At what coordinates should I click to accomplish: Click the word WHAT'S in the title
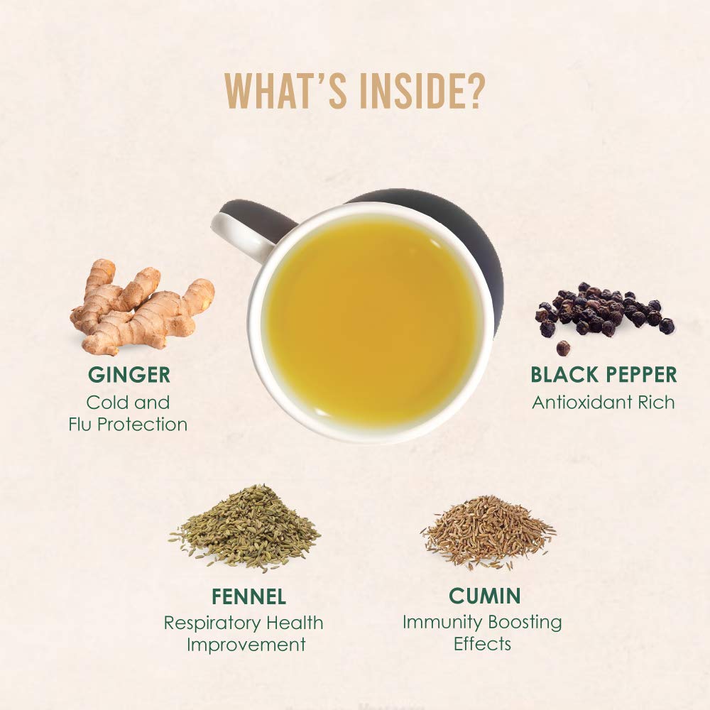tap(286, 91)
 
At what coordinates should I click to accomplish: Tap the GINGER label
tap(129, 375)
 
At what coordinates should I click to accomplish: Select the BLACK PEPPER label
tap(603, 375)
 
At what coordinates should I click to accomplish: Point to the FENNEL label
tap(248, 596)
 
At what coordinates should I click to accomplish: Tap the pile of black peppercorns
tap(604, 310)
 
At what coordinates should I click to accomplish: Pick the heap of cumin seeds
tap(488, 532)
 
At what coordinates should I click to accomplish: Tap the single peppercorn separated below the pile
tap(563, 348)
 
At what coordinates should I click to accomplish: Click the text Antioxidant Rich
tap(603, 402)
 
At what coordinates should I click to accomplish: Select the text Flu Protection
tap(128, 425)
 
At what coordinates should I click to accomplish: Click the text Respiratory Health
tap(244, 623)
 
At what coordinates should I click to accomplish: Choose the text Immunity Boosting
tap(482, 623)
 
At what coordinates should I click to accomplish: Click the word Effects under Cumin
tap(482, 644)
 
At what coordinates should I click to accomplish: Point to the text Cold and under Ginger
tap(128, 403)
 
